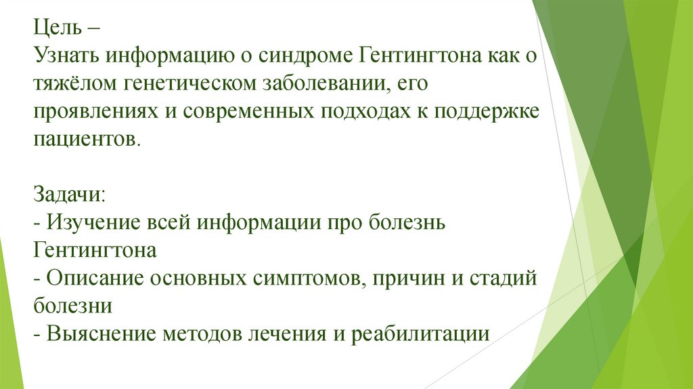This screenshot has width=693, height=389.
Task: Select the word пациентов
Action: click(87, 140)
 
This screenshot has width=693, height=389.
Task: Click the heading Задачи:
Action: click(68, 195)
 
